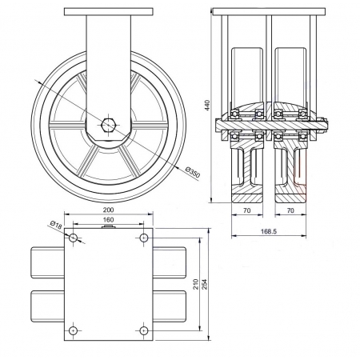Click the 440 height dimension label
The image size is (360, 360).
pos(208,106)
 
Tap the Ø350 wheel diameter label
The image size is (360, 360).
pos(192,172)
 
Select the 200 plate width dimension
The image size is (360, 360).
pos(108,210)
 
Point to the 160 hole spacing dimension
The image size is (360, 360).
pos(108,220)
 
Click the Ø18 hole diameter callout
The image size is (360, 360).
pos(56,225)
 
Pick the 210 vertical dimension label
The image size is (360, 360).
pos(196,284)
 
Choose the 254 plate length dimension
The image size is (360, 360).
pos(205,284)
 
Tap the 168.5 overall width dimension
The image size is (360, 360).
pos(269,231)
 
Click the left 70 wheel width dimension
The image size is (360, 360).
pos(247,210)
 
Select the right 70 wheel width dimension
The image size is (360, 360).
pos(290,210)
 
